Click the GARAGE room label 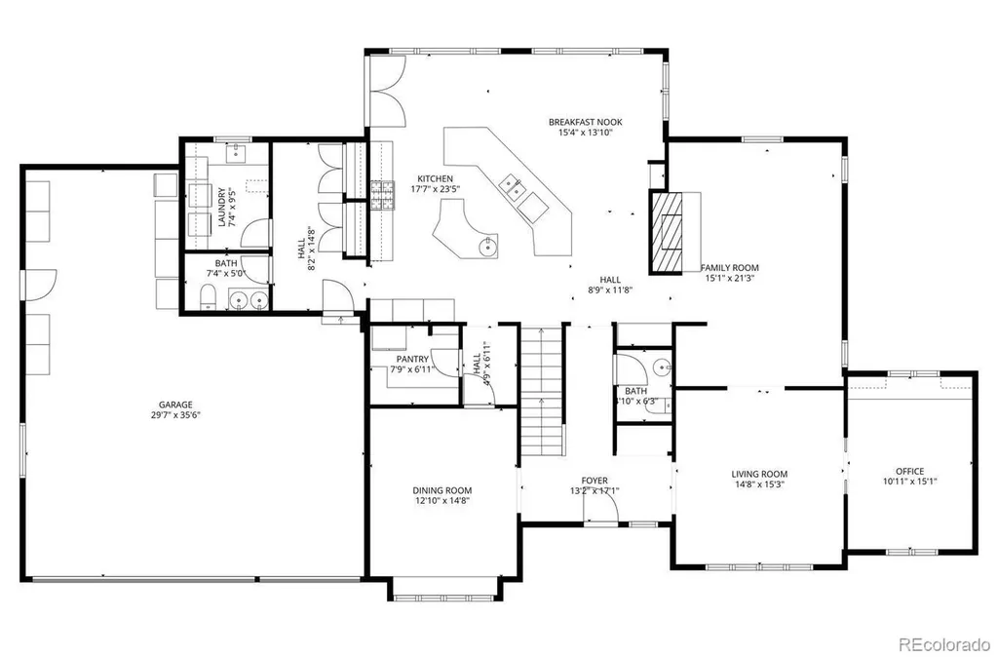pyautogui.click(x=175, y=405)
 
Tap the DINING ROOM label pyautogui.click(x=442, y=491)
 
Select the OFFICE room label pyautogui.click(x=910, y=472)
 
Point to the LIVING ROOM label pyautogui.click(x=759, y=475)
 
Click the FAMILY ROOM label pyautogui.click(x=729, y=268)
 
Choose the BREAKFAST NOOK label pyautogui.click(x=586, y=122)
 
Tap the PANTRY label pyautogui.click(x=412, y=360)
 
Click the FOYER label pyautogui.click(x=595, y=481)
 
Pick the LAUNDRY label pyautogui.click(x=221, y=207)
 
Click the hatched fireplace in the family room pyautogui.click(x=666, y=232)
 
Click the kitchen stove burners pyautogui.click(x=382, y=195)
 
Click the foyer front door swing pyautogui.click(x=602, y=508)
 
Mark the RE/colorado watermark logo pyautogui.click(x=944, y=643)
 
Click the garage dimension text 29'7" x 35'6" pyautogui.click(x=175, y=415)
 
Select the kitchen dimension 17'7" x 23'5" pyautogui.click(x=436, y=189)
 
